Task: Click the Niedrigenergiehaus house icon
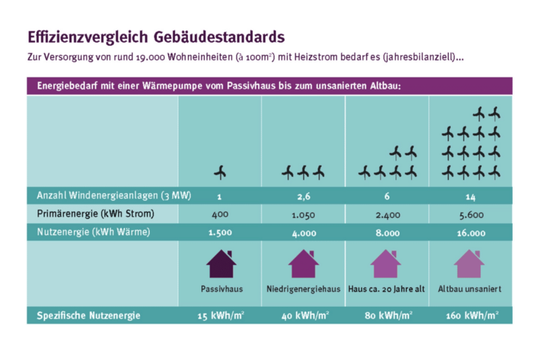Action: [303, 264]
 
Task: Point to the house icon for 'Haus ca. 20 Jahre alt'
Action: [386, 264]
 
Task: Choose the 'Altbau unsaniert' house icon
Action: [470, 264]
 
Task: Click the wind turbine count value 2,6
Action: [303, 196]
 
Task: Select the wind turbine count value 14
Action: [470, 196]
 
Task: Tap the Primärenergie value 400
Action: [220, 214]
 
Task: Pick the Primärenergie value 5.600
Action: [470, 214]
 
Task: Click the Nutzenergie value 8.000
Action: [387, 233]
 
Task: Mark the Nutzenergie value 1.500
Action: [220, 233]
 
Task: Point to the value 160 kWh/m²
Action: [472, 316]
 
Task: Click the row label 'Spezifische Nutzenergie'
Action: [85, 315]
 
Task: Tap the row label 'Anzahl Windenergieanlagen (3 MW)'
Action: [113, 196]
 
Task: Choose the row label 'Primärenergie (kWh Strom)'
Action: [94, 214]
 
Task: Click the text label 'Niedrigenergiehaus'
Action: [303, 289]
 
